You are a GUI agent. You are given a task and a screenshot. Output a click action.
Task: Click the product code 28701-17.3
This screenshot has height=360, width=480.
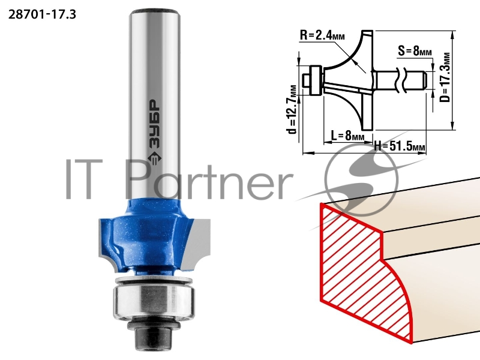[x=42, y=14]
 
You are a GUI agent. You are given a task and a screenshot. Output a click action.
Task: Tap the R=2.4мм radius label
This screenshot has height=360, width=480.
[x=322, y=35]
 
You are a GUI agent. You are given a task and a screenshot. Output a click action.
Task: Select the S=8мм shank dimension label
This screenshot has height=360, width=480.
[x=415, y=50]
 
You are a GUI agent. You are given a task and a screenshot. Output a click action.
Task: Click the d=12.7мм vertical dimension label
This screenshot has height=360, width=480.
[x=292, y=109]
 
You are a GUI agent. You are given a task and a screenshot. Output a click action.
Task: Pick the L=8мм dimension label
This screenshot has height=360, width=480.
[x=347, y=134]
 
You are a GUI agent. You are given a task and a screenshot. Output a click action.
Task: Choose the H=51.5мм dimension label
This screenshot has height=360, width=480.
[x=400, y=146]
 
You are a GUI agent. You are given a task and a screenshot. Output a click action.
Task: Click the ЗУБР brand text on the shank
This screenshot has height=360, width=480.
[x=154, y=124]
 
